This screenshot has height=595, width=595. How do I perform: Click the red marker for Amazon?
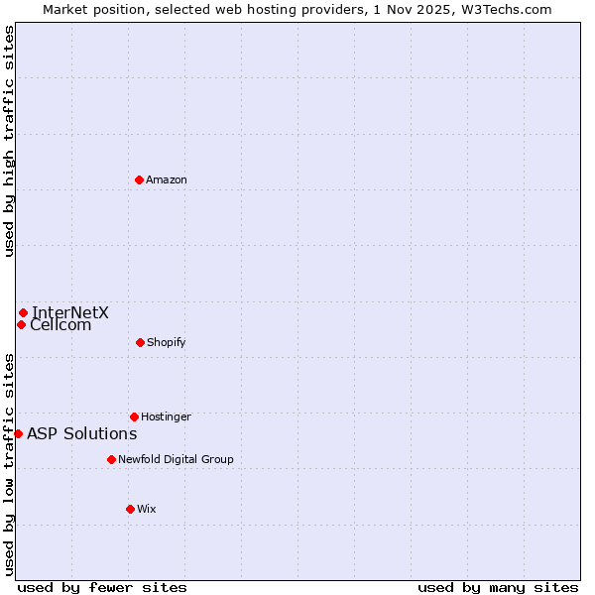tap(140, 179)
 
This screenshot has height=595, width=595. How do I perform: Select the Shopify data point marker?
tap(140, 342)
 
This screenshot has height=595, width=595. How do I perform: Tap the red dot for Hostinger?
tap(134, 416)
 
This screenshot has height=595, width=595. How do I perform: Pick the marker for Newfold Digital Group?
tap(111, 459)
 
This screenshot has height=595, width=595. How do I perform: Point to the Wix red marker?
tap(130, 509)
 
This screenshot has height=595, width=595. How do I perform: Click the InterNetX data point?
tap(23, 312)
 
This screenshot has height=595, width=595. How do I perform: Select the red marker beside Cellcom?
tap(21, 324)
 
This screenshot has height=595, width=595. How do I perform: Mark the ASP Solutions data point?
tap(18, 433)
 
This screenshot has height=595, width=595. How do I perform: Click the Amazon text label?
tap(167, 179)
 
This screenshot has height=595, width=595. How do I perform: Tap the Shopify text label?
tap(166, 342)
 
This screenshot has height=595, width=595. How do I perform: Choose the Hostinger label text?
tap(166, 416)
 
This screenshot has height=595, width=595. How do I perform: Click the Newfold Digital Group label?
tap(176, 459)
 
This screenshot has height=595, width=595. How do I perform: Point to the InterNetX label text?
tap(70, 312)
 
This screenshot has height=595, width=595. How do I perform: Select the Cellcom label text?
tap(60, 324)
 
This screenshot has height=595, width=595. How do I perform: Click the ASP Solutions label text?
tap(81, 433)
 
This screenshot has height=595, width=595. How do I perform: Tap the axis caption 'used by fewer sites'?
tap(102, 587)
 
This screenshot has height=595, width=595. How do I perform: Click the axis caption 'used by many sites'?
tap(498, 587)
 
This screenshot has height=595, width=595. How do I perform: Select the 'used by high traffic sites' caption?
tap(9, 141)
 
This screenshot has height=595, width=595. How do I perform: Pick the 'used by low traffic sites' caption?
tap(9, 464)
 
